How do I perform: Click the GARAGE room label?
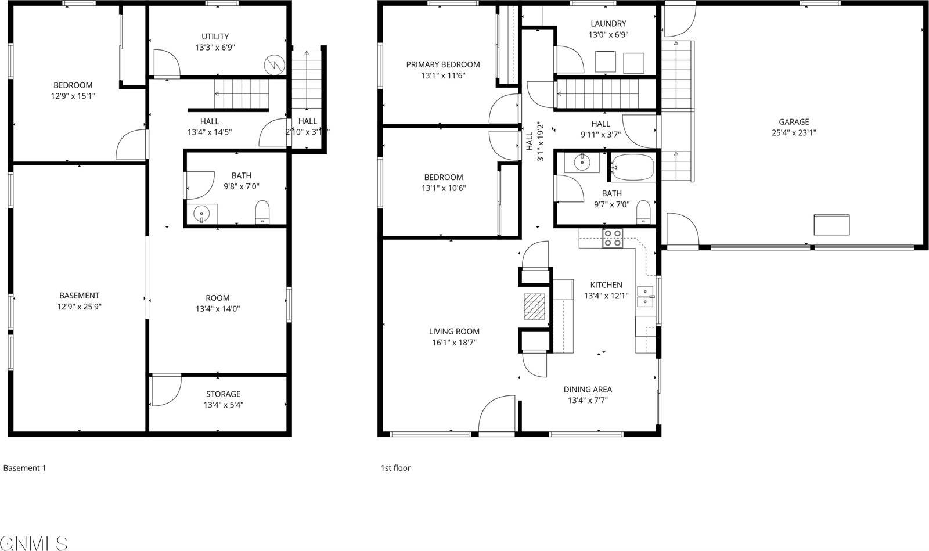coord(794,122)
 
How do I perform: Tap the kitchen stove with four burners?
coord(613,238)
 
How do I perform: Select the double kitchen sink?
coord(644,296)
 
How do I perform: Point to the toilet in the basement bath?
coord(262,212)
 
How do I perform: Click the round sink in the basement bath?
coord(201,214)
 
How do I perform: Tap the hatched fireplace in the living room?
coord(535,307)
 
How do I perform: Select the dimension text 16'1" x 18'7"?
coord(455,343)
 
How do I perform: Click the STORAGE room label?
coord(223,394)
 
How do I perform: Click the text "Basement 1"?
coord(24,468)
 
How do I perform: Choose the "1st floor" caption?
coord(395,468)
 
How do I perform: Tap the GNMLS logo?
coord(34,543)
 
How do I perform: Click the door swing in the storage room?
coord(164,392)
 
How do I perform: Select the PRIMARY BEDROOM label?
coord(443,64)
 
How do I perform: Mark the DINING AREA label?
coord(588,390)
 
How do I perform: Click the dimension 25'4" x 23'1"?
coord(794,132)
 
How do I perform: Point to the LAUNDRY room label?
coord(608,24)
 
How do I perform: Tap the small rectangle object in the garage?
coord(831,224)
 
